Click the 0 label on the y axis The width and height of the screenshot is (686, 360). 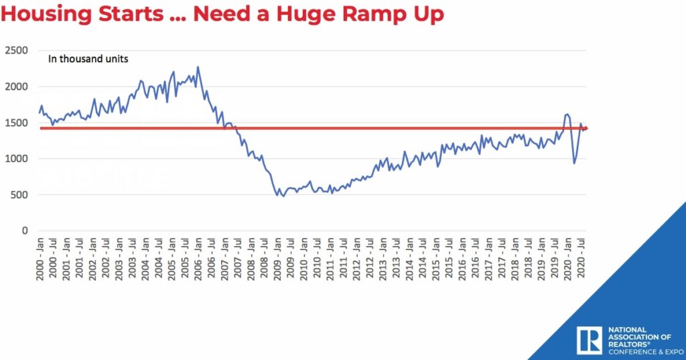coord(25,231)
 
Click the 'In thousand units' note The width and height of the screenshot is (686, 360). coord(88,59)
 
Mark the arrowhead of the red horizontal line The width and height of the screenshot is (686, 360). coord(586,128)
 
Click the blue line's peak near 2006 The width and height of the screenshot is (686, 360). coord(198,67)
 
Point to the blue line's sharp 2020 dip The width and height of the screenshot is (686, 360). coord(574,163)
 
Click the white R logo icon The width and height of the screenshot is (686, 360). coord(589,340)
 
